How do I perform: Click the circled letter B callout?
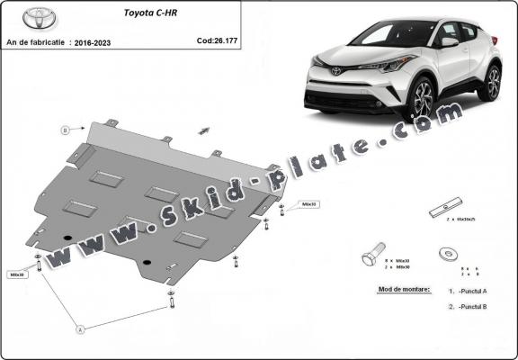65,130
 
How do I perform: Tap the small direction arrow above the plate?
205,130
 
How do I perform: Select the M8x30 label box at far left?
17,274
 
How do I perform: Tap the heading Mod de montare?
398,290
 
